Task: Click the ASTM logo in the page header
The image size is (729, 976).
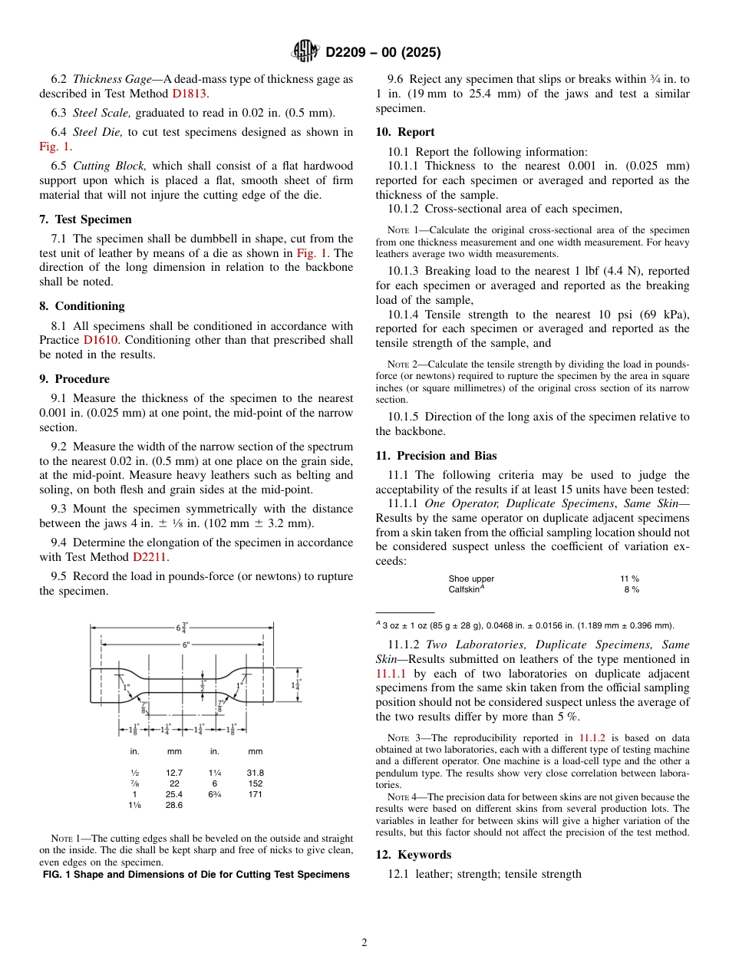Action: coord(305,52)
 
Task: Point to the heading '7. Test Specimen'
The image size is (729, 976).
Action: coord(85,219)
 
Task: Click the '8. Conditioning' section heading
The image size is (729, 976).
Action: coord(81,306)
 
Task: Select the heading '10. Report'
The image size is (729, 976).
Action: coord(405,132)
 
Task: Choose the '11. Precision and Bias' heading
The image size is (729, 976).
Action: coord(436,456)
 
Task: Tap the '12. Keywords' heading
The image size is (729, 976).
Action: coord(414,855)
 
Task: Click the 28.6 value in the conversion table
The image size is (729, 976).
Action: coord(174,805)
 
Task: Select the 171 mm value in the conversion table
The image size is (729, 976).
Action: coord(255,794)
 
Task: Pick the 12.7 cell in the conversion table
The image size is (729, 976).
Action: coord(174,773)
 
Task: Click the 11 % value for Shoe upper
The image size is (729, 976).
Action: coord(629,579)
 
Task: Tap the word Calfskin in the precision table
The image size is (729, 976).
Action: coord(464,589)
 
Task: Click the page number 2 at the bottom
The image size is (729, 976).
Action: coord(364,943)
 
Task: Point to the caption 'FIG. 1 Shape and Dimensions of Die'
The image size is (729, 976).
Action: coord(196,875)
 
